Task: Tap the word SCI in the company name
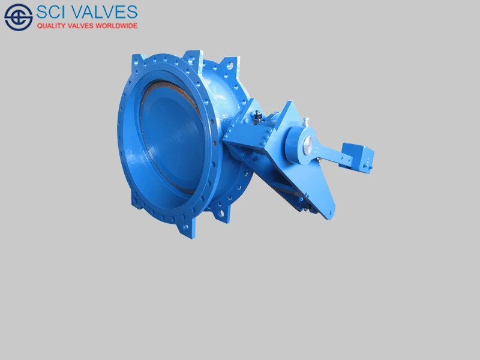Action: pyautogui.click(x=53, y=11)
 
